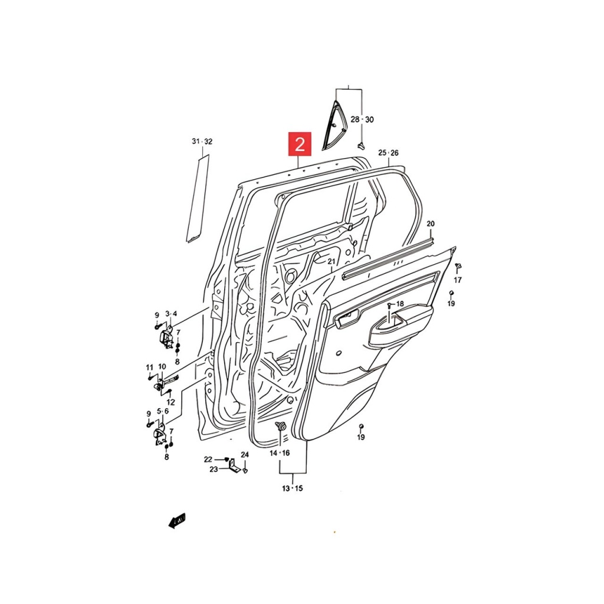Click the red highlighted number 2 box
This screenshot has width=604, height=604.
point(300,144)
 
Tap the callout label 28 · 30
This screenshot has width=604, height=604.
point(362,119)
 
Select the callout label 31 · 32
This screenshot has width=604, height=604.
point(202,142)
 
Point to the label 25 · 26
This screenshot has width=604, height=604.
point(388,153)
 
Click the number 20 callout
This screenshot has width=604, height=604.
point(430,224)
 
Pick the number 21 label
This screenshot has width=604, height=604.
point(331,261)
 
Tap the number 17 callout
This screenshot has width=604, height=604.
point(458,280)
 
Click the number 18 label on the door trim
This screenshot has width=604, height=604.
point(400,304)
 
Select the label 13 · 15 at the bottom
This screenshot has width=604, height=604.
point(293,488)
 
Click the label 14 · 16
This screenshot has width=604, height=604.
point(280,453)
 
